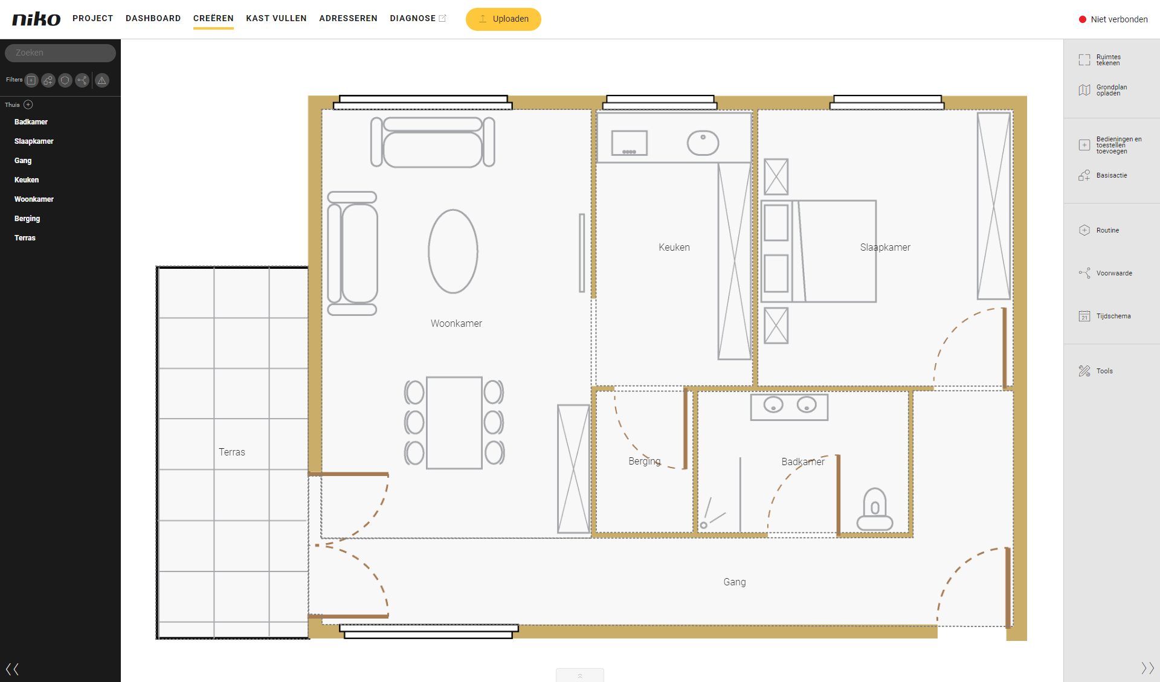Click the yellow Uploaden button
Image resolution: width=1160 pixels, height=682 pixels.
click(503, 19)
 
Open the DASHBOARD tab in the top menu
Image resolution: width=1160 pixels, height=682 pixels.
click(153, 18)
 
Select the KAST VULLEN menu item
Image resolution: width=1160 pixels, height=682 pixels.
click(276, 18)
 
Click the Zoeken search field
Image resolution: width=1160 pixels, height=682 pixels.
click(60, 53)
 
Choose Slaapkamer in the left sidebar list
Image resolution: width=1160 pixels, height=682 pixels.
click(34, 141)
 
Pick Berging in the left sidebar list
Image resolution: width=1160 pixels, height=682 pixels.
click(27, 219)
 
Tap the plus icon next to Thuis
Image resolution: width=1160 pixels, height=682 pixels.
click(28, 105)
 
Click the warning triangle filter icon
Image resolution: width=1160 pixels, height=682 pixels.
click(102, 80)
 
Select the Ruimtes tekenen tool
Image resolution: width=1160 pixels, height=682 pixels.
click(1100, 60)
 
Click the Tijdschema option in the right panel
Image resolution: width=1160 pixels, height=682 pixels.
click(1104, 316)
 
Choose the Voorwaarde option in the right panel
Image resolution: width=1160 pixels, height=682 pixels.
click(1106, 273)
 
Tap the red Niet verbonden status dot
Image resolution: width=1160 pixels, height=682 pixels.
click(1083, 19)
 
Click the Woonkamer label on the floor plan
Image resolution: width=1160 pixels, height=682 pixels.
click(456, 323)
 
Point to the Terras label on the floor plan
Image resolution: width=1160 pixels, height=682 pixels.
click(232, 452)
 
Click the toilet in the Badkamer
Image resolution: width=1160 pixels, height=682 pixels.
click(875, 509)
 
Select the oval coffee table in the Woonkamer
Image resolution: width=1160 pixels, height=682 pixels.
click(453, 251)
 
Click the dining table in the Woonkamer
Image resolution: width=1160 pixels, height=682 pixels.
click(454, 423)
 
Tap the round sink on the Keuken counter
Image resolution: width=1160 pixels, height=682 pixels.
click(703, 143)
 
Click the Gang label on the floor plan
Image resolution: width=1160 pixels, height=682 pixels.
click(735, 582)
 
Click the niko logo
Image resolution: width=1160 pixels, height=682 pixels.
click(36, 19)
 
